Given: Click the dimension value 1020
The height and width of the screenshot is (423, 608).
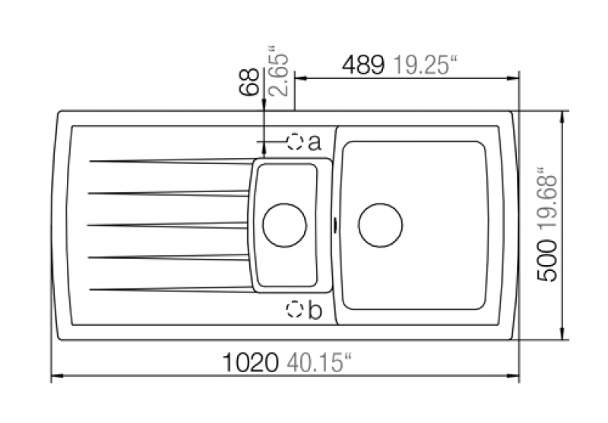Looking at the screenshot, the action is tap(250, 362).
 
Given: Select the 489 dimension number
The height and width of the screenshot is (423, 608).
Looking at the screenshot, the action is tap(363, 65).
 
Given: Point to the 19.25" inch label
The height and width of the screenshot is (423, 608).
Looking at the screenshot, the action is tap(426, 65).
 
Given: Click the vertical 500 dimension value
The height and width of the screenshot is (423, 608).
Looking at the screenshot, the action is tap(546, 260).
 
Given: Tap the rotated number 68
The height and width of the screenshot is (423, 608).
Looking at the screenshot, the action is tap(249, 81).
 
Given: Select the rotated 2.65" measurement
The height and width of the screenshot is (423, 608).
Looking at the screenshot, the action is tap(278, 71).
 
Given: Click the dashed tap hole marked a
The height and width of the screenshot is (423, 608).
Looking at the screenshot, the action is tap(295, 142).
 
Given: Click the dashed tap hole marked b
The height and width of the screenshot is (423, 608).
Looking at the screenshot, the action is tap(294, 309).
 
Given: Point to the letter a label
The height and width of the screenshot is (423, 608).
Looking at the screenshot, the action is tap(315, 143).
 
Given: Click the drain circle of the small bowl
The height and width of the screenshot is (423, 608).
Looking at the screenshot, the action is tap(284, 225).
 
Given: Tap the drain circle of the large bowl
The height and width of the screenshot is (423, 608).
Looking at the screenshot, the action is tap(381, 225).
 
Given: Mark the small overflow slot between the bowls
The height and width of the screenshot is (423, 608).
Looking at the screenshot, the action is tap(334, 225).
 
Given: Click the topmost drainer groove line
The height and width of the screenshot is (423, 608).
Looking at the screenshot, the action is tap(172, 161).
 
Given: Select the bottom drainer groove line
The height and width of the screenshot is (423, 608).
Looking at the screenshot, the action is tap(171, 289).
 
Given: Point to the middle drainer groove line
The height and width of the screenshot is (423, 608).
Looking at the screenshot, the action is tap(167, 225).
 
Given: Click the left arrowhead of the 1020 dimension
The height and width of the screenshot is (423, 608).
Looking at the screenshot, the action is tap(57, 376).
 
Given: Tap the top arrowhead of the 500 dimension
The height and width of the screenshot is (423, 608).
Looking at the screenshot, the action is tap(562, 117).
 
